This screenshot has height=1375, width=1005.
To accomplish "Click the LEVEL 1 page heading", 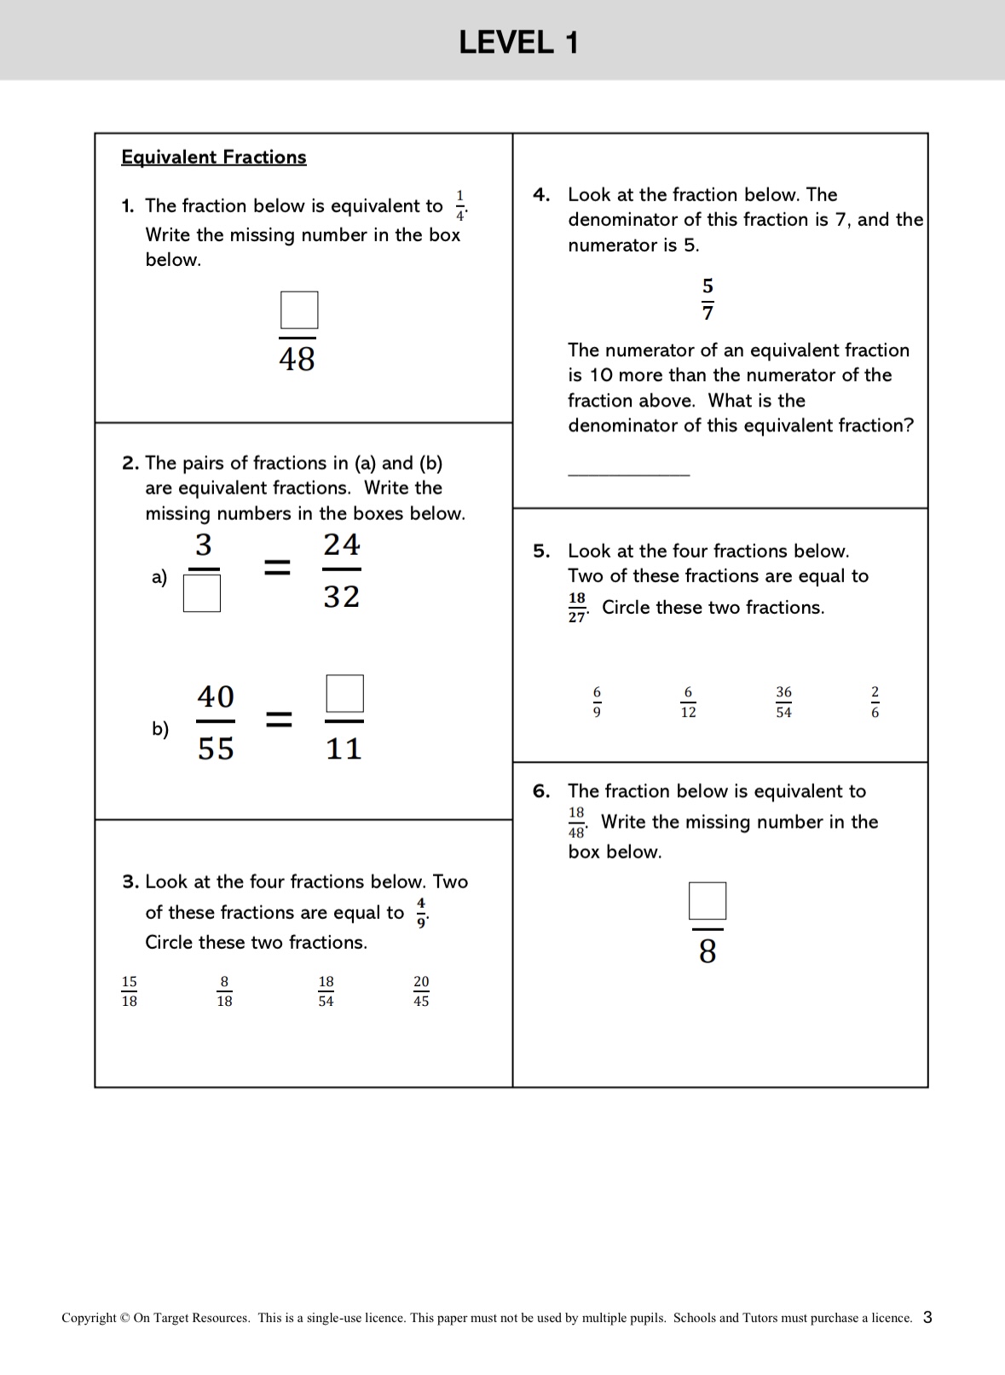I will tap(518, 42).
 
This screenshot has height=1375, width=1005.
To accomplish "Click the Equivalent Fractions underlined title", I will tap(213, 157).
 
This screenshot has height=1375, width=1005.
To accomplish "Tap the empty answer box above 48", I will tap(299, 310).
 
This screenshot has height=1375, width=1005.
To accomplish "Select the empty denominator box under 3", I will tap(202, 593).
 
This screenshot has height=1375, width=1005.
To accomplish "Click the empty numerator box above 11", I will tap(344, 694).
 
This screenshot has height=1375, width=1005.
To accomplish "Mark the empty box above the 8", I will tap(708, 901).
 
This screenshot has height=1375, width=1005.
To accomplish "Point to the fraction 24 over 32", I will tap(342, 570).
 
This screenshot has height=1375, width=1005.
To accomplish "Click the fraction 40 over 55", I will tap(216, 722).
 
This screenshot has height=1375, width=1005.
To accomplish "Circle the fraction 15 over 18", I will tap(130, 991).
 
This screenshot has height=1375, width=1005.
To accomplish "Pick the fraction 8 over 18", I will tap(224, 991).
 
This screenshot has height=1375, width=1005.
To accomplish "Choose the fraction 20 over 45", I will tap(421, 991).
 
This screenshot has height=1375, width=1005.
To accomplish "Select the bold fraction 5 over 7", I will tap(708, 299).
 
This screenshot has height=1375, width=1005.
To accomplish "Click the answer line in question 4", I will tap(628, 474).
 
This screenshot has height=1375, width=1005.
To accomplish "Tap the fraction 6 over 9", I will tap(597, 702).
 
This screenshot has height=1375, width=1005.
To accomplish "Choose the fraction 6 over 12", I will tap(688, 702).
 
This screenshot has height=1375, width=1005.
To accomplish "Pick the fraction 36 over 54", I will tap(783, 702).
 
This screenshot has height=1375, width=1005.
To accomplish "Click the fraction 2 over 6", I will tap(875, 702).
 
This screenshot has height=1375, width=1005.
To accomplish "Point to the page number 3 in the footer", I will tap(927, 1317).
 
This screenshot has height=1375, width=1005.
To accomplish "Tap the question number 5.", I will tap(541, 551).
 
